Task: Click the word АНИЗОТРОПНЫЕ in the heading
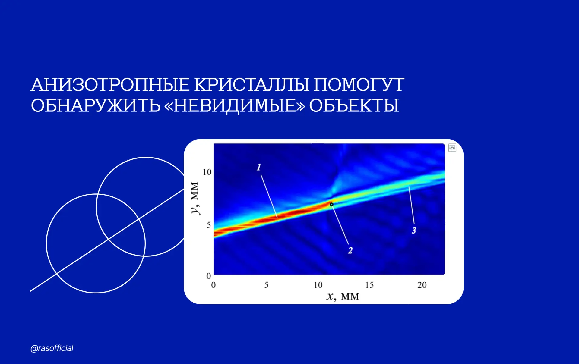click(110, 85)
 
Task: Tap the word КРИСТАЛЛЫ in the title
click(252, 85)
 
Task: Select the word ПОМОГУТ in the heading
click(359, 85)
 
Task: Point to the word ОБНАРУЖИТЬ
click(96, 105)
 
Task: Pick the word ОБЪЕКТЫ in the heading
click(354, 105)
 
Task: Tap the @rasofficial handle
click(52, 348)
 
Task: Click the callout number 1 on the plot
click(259, 167)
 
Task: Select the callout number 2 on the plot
click(350, 250)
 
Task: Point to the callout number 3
click(414, 231)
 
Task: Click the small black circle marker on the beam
click(331, 204)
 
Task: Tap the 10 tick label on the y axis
click(207, 172)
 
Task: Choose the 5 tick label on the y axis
click(209, 225)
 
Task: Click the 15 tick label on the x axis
click(369, 285)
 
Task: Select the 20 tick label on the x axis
click(422, 285)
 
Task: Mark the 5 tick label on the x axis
click(266, 285)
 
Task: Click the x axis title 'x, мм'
click(343, 297)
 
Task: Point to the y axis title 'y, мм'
click(195, 198)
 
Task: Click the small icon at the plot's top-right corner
click(452, 148)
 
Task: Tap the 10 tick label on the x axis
click(318, 285)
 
